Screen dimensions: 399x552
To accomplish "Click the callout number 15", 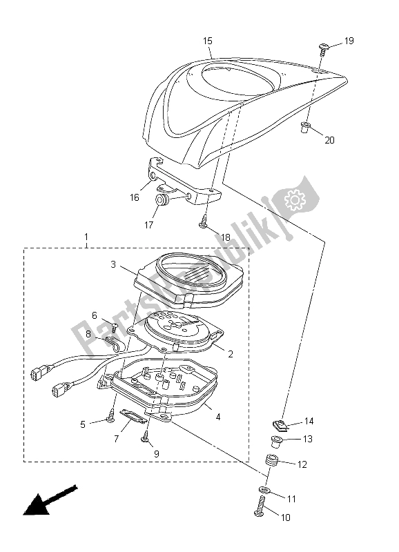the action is [x=208, y=41].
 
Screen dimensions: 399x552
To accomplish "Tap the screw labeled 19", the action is [x=322, y=49].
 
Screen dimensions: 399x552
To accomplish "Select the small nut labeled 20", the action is [x=305, y=127].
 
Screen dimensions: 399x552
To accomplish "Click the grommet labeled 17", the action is [x=162, y=199].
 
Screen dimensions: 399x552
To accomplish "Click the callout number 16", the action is [x=135, y=197].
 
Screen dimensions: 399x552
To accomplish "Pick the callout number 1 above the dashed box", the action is [x=86, y=237].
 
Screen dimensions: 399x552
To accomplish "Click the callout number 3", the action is [x=113, y=264].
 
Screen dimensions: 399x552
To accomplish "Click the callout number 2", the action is [x=231, y=354].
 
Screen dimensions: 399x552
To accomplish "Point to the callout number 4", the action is [x=218, y=417].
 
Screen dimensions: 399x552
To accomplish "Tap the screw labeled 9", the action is [x=145, y=435].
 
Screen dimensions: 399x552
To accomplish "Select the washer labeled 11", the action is [x=264, y=490].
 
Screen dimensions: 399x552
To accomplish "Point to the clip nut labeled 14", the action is [x=282, y=425].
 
